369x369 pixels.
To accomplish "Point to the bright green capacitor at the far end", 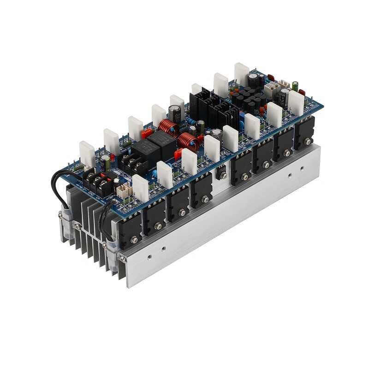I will click(x=295, y=86).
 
